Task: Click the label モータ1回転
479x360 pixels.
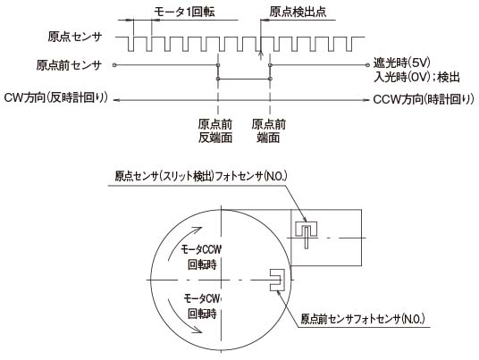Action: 184,12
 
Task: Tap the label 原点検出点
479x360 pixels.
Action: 298,12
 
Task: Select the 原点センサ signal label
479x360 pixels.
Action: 74,37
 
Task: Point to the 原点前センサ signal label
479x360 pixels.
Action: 69,65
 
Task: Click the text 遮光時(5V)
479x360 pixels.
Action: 402,63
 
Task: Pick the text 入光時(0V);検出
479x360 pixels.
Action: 416,77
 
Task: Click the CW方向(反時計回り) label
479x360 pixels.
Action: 56,97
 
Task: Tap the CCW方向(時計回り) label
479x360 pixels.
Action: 424,99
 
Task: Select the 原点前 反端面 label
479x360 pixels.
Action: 215,131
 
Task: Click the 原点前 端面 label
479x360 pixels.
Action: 268,131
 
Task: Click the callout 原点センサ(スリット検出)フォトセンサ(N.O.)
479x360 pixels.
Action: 201,176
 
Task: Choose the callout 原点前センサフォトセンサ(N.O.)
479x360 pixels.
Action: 363,319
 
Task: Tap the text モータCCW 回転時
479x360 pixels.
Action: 201,257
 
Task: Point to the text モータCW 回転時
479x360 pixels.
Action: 203,306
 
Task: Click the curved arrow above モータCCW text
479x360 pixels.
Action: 178,239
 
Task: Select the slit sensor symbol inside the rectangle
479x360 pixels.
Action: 307,234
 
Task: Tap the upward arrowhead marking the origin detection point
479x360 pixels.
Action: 260,54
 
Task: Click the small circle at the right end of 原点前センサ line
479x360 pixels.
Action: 367,64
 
